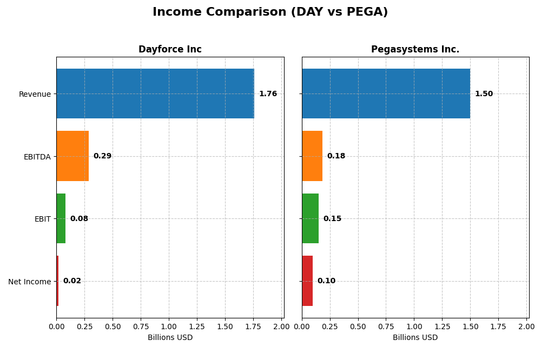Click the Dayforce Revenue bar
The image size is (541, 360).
pyautogui.click(x=155, y=94)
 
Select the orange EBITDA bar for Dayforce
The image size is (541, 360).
pyautogui.click(x=72, y=156)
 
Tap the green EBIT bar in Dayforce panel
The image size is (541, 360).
pyautogui.click(x=61, y=218)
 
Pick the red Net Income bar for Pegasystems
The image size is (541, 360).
pyautogui.click(x=307, y=281)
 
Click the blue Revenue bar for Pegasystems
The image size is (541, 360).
pyautogui.click(x=386, y=94)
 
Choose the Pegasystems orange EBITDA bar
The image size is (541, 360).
pyautogui.click(x=312, y=156)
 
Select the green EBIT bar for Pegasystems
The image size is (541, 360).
pyautogui.click(x=311, y=218)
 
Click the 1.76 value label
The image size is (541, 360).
pyautogui.click(x=268, y=94)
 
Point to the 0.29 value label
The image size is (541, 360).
pyautogui.click(x=102, y=156)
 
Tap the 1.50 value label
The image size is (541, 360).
pyautogui.click(x=484, y=94)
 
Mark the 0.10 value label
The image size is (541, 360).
pyautogui.click(x=326, y=281)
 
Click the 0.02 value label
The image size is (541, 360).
pyautogui.click(x=72, y=281)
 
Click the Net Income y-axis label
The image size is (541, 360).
pyautogui.click(x=29, y=282)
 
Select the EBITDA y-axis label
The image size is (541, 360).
pyautogui.click(x=37, y=157)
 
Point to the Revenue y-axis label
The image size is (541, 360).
pyautogui.click(x=35, y=94)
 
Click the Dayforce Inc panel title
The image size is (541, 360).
pyautogui.click(x=170, y=50)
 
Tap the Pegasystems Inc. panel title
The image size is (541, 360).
pyautogui.click(x=415, y=50)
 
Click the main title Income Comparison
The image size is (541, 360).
pyautogui.click(x=270, y=12)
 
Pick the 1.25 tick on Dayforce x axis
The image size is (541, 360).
pyautogui.click(x=197, y=326)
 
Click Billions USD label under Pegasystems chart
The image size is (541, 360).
pyautogui.click(x=415, y=338)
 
